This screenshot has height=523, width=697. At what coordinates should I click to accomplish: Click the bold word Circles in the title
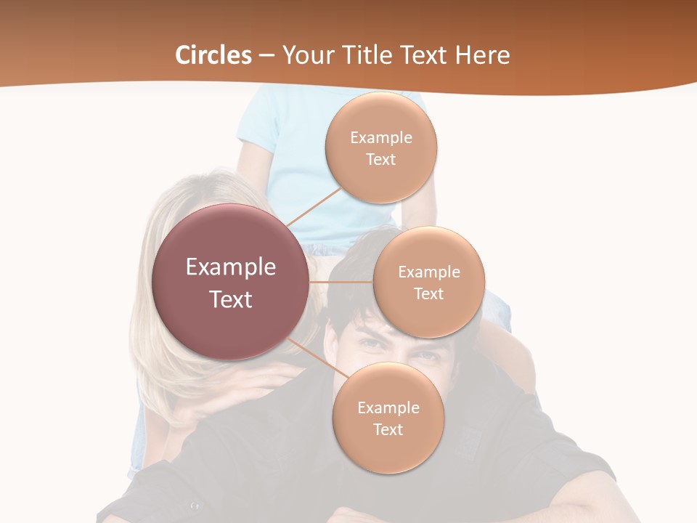point(213,55)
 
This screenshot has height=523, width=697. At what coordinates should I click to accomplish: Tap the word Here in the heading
point(482,55)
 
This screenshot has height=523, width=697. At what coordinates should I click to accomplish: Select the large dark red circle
point(231,282)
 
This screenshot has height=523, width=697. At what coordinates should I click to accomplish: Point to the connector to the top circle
point(314,204)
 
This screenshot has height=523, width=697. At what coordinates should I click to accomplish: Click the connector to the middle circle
point(341,282)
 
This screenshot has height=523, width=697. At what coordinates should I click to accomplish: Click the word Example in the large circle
point(231,267)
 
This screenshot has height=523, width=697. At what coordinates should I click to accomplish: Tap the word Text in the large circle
point(231,299)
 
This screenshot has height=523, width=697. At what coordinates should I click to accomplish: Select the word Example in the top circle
point(381,138)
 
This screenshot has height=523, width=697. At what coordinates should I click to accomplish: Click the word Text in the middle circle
point(428,293)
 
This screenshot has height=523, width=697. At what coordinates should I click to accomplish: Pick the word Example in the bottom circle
point(388,408)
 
